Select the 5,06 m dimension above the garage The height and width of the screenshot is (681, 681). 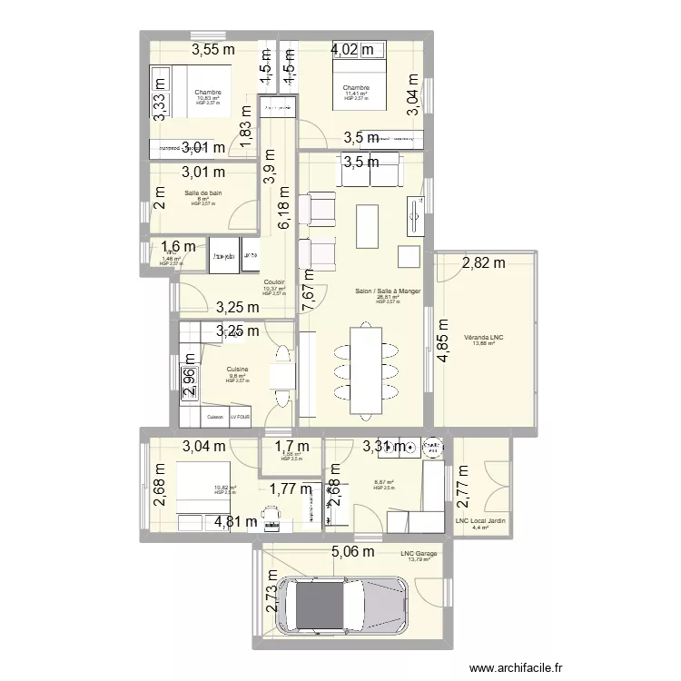tap(353, 550)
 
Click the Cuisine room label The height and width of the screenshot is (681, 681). tap(238, 370)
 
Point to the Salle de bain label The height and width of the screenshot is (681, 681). tap(203, 192)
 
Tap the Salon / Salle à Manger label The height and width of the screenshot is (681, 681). tap(381, 291)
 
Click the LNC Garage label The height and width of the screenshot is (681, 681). tap(419, 553)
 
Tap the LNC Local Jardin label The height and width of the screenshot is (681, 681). tap(480, 520)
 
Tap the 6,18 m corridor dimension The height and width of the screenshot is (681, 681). tap(285, 210)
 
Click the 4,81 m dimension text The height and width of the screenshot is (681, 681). tap(236, 521)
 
